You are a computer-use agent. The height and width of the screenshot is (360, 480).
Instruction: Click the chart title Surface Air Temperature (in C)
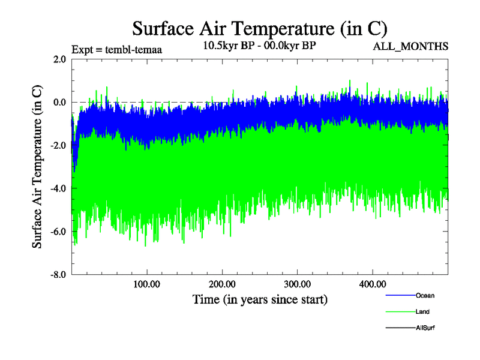(x=260, y=28)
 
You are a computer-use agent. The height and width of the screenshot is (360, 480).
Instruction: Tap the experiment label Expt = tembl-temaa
(x=117, y=49)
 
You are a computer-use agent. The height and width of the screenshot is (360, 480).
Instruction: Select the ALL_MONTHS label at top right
(x=411, y=46)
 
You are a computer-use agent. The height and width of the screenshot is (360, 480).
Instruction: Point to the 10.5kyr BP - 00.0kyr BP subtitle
(x=260, y=45)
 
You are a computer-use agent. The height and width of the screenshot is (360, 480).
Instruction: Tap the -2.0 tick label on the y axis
(x=58, y=146)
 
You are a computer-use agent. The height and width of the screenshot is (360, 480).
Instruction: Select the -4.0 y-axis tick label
(x=58, y=189)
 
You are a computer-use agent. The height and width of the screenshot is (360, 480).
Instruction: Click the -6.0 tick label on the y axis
(x=58, y=232)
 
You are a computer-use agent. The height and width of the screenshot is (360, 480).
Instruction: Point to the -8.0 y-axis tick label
(x=58, y=275)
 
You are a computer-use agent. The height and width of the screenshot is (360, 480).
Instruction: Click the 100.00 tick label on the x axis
(x=147, y=284)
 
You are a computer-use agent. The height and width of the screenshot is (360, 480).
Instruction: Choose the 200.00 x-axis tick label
(x=222, y=284)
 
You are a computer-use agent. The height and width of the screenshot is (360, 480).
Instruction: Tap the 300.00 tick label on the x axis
(x=297, y=284)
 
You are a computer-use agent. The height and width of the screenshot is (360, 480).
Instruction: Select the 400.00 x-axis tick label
(x=372, y=284)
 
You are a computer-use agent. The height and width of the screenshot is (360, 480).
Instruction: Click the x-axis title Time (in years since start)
(x=260, y=299)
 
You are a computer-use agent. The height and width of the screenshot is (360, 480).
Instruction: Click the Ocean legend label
(x=425, y=296)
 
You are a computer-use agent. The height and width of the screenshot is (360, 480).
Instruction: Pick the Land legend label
(x=422, y=312)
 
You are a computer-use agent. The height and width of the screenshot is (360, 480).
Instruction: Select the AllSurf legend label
(x=425, y=328)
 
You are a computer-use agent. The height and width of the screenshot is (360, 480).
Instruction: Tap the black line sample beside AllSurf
(x=399, y=328)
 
